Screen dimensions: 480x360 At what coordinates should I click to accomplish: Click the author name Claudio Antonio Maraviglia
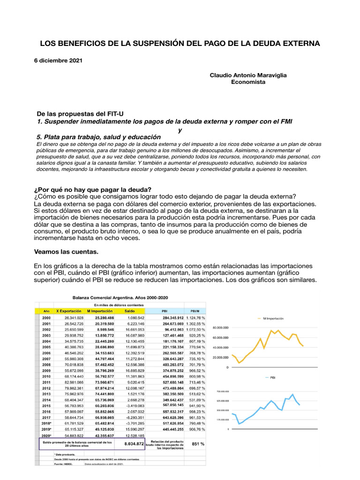248,75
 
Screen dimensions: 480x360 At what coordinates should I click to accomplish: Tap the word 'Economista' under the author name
248,82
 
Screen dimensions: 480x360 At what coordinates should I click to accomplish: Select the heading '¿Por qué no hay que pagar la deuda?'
92,189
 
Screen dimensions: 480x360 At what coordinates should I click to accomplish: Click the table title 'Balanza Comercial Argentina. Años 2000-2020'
120,298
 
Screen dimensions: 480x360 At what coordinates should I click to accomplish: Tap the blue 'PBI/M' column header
195,310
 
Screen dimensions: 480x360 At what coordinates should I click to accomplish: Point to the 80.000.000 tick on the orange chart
220,328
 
